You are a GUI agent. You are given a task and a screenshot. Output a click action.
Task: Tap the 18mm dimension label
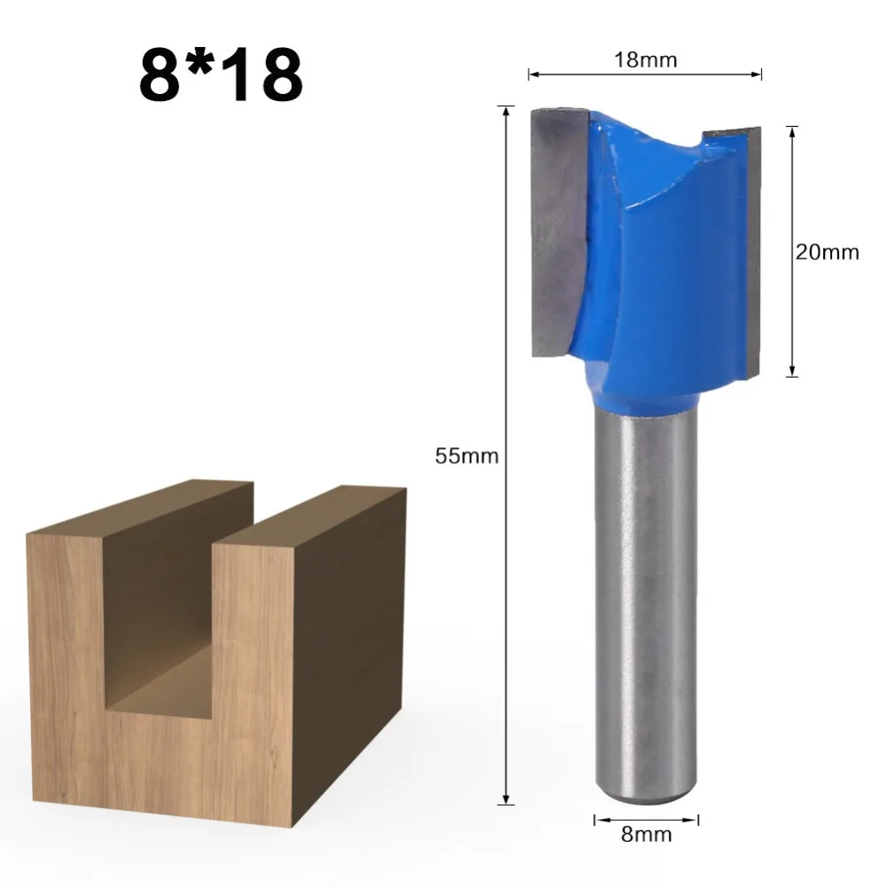646,60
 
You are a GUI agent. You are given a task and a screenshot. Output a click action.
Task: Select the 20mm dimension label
827,252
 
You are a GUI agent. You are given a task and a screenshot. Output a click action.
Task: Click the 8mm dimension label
647,834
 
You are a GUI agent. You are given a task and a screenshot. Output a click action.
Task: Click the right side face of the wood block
350,674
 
